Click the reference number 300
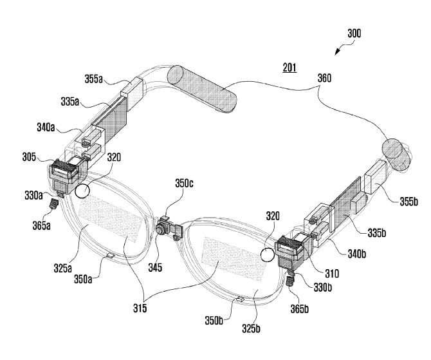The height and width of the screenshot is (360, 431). click(x=354, y=33)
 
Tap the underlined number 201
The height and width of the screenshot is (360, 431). click(x=289, y=67)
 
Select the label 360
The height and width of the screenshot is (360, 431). click(x=324, y=78)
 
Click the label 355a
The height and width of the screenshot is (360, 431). click(x=93, y=79)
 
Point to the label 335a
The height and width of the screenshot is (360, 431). click(x=70, y=102)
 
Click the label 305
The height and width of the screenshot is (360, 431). click(x=29, y=157)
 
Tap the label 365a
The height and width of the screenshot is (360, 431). click(x=42, y=225)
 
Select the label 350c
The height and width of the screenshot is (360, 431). click(x=184, y=184)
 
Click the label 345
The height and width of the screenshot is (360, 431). click(x=155, y=267)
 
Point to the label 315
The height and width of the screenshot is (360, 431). click(x=140, y=308)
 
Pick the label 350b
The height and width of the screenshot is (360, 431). click(x=214, y=320)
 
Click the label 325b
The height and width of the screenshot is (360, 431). click(x=251, y=328)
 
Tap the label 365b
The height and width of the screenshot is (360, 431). click(x=300, y=309)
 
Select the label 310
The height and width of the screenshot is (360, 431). click(x=332, y=273)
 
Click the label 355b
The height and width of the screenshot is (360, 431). click(x=408, y=202)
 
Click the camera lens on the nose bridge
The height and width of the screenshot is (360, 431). click(x=160, y=229)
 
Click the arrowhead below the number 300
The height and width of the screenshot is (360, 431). click(x=337, y=52)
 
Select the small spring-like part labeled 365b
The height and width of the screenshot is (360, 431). click(x=289, y=281)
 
